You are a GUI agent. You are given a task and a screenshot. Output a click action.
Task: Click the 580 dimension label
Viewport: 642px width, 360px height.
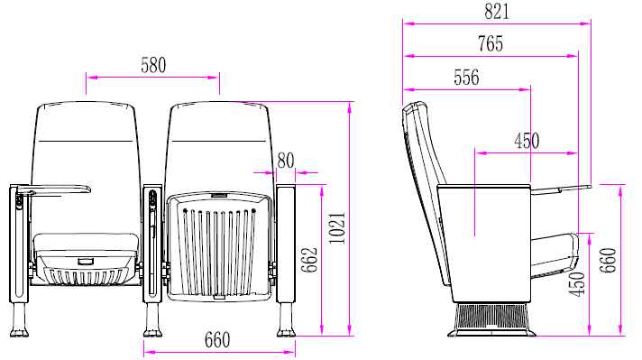[x=153, y=65]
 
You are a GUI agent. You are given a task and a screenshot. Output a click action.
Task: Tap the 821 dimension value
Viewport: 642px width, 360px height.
[x=497, y=12]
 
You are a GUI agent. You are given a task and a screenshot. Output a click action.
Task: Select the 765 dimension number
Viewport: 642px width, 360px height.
[x=491, y=44]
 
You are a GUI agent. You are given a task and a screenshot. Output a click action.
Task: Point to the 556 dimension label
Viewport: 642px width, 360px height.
[x=466, y=78]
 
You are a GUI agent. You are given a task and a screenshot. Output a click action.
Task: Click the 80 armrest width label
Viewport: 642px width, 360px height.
[x=286, y=161]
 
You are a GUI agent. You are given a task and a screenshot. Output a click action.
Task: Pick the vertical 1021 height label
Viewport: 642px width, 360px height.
[x=338, y=228]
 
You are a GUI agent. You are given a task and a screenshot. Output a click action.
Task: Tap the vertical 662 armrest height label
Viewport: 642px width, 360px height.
[x=309, y=260]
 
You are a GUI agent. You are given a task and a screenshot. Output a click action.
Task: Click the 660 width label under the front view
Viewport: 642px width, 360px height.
[x=217, y=340]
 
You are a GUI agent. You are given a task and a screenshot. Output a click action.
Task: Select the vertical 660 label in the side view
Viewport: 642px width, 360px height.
[x=608, y=261]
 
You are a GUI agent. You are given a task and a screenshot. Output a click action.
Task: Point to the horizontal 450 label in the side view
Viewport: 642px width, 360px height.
[x=527, y=141]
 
